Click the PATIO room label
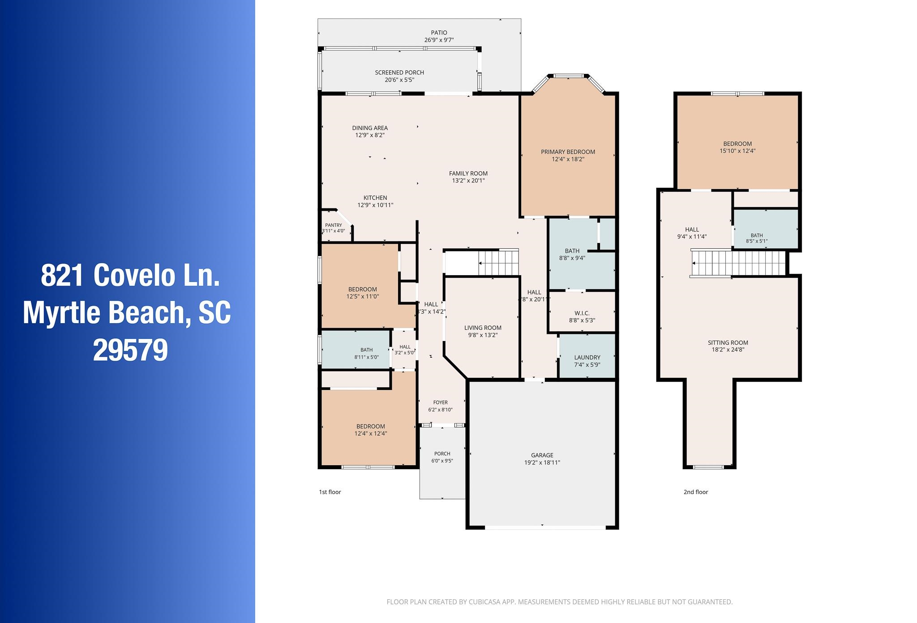coord(439,33)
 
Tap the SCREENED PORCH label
coord(399,73)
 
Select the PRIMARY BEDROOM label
coord(568,152)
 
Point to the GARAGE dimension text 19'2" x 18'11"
coord(542,463)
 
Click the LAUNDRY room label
coord(587,358)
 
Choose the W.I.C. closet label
coord(582,313)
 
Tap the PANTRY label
coord(334,225)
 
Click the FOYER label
coord(441,402)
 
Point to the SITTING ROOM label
coord(728,343)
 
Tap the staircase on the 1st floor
coord(498,262)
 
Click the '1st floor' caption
coord(330,492)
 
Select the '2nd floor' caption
coord(696,492)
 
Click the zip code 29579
coord(130,350)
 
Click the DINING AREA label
coord(370,128)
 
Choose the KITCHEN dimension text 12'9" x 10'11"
coord(375,205)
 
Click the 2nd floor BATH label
coord(757,235)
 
